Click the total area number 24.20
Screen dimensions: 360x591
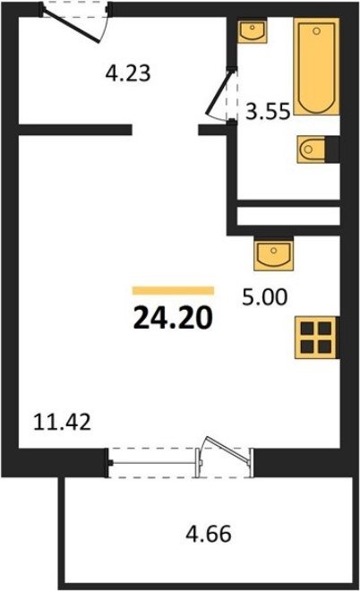click(x=173, y=317)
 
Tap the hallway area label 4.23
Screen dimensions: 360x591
click(x=128, y=73)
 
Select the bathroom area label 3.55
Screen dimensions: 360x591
click(x=268, y=111)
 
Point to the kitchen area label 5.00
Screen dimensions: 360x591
click(x=265, y=297)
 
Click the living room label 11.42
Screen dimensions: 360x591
click(x=62, y=422)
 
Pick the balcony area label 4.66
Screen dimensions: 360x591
click(x=209, y=534)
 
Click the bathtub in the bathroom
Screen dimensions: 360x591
click(x=317, y=66)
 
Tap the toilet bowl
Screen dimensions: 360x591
click(x=312, y=150)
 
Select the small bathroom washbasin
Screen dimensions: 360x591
click(x=253, y=31)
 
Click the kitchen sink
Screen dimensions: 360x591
click(x=274, y=255)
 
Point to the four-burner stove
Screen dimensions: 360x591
click(x=316, y=337)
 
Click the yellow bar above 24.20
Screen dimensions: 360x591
click(x=173, y=290)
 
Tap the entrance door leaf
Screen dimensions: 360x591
click(x=72, y=24)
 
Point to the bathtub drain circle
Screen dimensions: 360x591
click(x=317, y=31)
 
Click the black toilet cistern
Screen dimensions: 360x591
click(x=332, y=150)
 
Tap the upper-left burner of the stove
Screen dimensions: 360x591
click(x=307, y=329)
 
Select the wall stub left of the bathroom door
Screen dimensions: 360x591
click(x=212, y=130)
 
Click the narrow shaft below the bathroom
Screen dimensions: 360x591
click(x=288, y=216)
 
